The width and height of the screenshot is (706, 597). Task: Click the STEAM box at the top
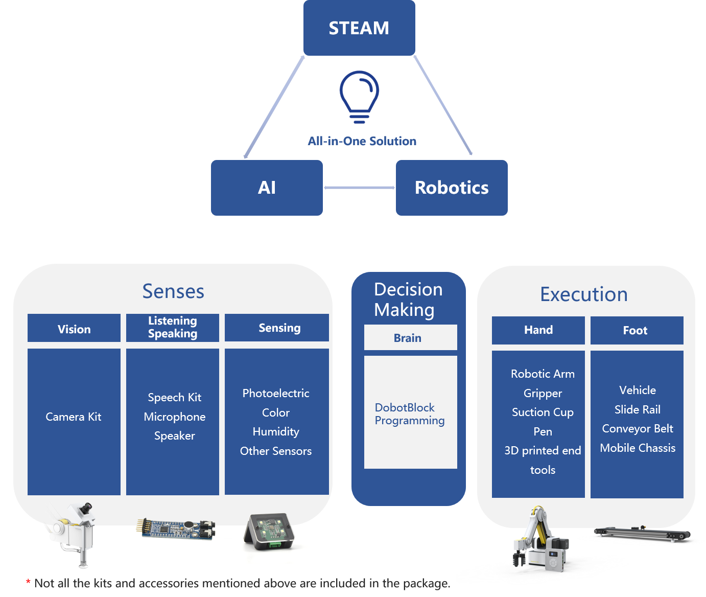(359, 28)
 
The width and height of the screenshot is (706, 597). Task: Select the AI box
(267, 188)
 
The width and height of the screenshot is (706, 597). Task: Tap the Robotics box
(452, 188)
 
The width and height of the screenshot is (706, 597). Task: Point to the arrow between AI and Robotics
(359, 188)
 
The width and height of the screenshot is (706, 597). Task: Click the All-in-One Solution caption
(362, 141)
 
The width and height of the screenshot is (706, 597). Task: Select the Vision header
(74, 329)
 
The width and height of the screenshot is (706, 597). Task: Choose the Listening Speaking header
(173, 327)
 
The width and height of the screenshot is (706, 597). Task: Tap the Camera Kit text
(74, 417)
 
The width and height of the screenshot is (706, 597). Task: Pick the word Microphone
(175, 417)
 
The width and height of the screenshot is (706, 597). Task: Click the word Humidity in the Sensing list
(276, 431)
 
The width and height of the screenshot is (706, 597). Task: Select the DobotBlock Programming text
(410, 414)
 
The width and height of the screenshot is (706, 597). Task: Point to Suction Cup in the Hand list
(543, 412)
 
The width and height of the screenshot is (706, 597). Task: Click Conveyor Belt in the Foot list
(638, 428)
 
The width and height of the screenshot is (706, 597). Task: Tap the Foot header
(636, 330)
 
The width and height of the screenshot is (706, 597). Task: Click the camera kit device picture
(74, 532)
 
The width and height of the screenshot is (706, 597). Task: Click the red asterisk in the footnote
(28, 582)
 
